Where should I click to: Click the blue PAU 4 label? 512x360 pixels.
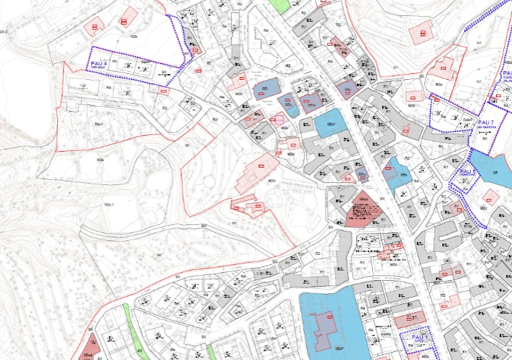coord(100,64)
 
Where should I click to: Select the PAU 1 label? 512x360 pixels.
coord(419,337)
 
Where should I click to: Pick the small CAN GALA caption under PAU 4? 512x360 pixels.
coord(100,70)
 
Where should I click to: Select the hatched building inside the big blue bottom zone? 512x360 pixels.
coord(324,327)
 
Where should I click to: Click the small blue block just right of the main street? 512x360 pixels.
coord(397,172)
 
